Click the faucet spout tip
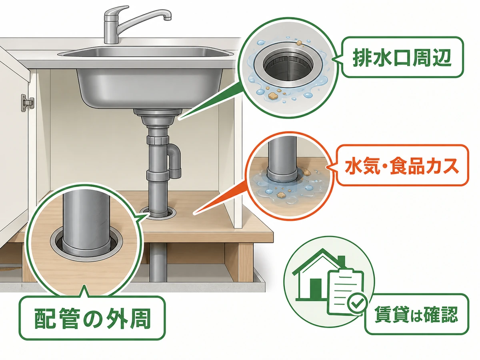pyautogui.click(x=168, y=18)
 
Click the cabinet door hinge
pyautogui.click(x=27, y=102)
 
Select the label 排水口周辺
pyautogui.click(x=402, y=57)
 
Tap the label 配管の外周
pyautogui.click(x=92, y=318)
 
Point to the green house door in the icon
pyautogui.click(x=315, y=289)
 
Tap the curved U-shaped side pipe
pyautogui.click(x=174, y=160)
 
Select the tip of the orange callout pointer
pyautogui.click(x=194, y=214)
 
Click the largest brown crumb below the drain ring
pyautogui.click(x=272, y=95)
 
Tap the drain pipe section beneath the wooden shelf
pyautogui.click(x=158, y=262)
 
